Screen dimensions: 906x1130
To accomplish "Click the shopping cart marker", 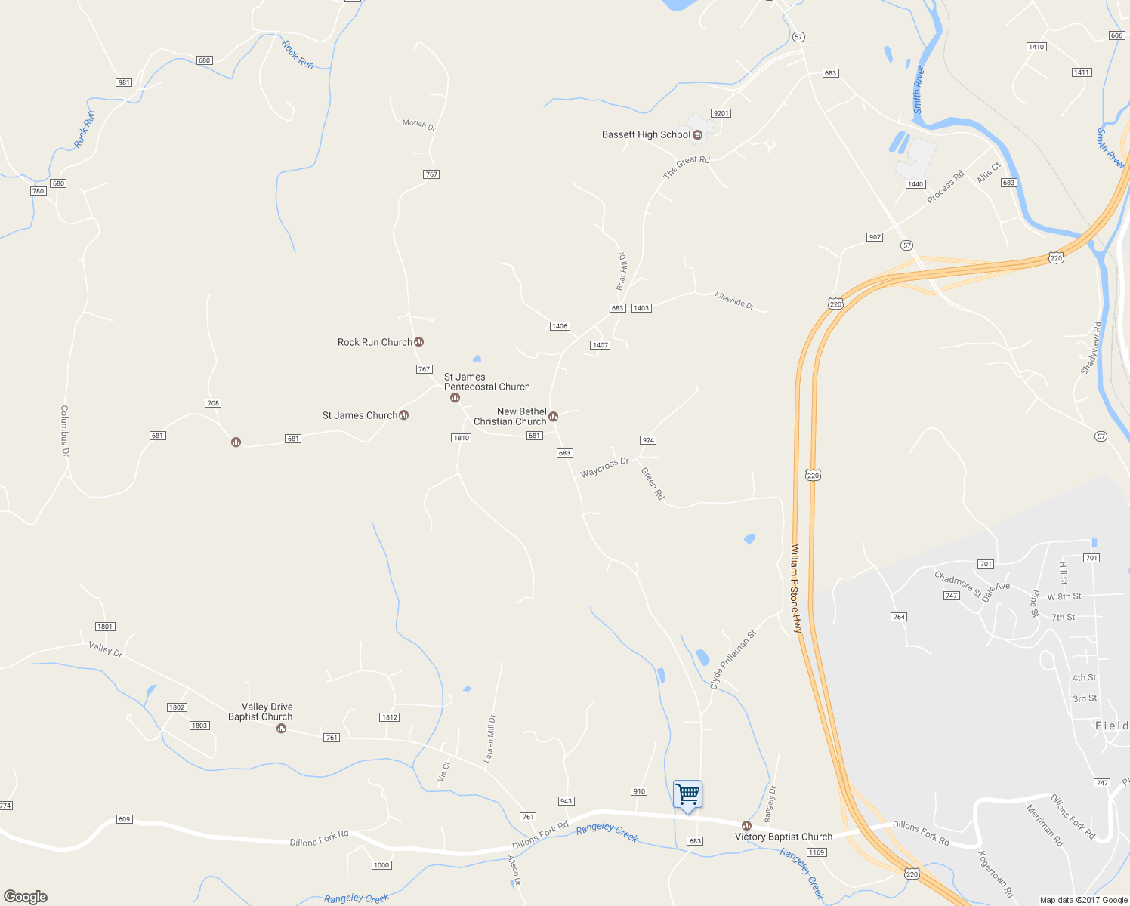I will (x=687, y=795).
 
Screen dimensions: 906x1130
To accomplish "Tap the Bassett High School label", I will (x=646, y=134).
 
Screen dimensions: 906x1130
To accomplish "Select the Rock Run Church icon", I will (x=419, y=342).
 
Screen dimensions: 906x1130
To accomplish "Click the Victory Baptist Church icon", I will (x=746, y=826).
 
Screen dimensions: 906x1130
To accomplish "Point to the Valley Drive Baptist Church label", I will (x=260, y=712).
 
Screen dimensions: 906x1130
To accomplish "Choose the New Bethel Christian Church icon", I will (x=553, y=417).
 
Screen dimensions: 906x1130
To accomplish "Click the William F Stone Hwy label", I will (x=795, y=588).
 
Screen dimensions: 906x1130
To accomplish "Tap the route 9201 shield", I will (x=721, y=113).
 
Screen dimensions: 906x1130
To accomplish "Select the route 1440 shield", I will (x=915, y=184).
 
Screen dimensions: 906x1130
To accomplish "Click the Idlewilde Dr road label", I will (x=734, y=300).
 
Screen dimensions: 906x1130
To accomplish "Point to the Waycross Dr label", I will (x=604, y=467).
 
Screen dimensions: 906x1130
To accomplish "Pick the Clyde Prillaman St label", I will (x=732, y=660).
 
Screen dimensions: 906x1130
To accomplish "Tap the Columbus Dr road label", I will (x=65, y=431).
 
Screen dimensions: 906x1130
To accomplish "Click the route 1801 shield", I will (x=105, y=627).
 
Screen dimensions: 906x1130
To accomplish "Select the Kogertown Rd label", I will (x=995, y=874).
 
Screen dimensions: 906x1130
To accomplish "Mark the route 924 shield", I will (x=647, y=440).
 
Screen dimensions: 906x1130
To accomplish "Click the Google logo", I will (x=26, y=896).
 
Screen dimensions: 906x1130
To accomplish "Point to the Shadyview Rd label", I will (x=1091, y=348).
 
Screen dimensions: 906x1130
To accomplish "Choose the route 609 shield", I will (x=125, y=819).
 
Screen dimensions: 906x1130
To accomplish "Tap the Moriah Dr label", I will (x=418, y=125).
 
